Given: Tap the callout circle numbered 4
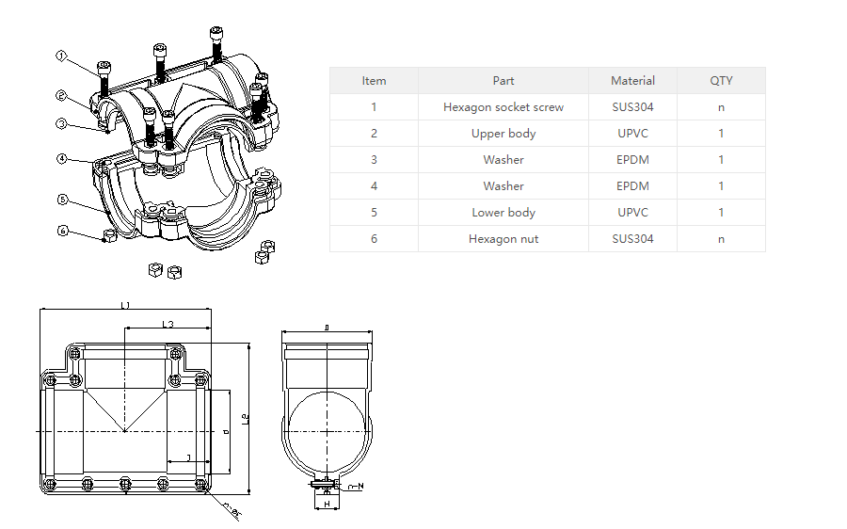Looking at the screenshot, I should (61, 159).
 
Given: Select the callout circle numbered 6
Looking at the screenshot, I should (62, 231).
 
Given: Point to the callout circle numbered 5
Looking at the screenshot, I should (61, 200).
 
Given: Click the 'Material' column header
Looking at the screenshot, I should (632, 81).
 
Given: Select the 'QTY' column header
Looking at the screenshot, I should (721, 81).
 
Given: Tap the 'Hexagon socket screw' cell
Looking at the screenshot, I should (503, 107).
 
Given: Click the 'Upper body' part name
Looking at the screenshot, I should (503, 134).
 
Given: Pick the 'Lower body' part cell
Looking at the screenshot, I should (503, 213).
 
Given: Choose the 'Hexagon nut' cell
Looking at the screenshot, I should (503, 239).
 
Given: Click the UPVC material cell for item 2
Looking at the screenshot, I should (632, 134).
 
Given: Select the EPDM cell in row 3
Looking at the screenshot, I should (632, 160).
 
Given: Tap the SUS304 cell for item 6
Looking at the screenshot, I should (632, 239).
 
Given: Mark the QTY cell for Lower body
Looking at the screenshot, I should (721, 213).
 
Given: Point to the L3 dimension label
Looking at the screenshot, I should (168, 324).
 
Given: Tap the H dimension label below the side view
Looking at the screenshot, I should (327, 505).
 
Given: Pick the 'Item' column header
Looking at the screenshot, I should (374, 81).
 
